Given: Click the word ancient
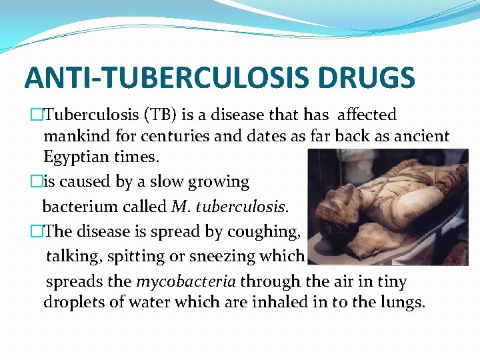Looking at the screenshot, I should pos(421,136).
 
